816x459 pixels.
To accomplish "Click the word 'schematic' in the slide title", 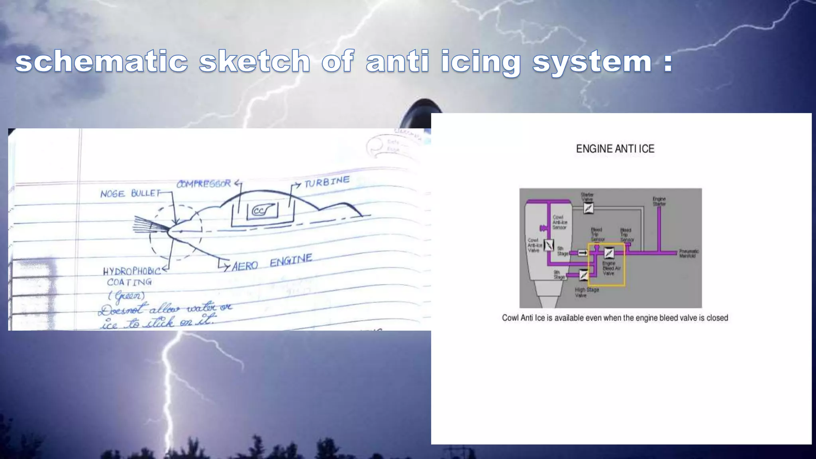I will point(102,62).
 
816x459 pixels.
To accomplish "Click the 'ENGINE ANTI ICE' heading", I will point(615,149).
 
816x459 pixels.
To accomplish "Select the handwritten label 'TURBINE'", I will point(327,182).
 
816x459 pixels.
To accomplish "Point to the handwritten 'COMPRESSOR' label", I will point(204,184).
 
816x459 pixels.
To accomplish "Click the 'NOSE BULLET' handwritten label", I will point(130,194).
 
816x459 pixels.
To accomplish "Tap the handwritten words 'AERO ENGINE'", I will point(272,263).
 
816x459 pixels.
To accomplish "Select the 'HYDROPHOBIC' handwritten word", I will point(131,271).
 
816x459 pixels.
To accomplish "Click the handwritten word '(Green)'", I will point(127,296).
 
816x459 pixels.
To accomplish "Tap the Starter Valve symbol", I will point(588,208).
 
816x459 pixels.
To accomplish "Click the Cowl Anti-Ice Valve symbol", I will point(549,245).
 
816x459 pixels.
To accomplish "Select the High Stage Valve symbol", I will point(584,275).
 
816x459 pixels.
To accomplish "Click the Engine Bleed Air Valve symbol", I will point(609,253).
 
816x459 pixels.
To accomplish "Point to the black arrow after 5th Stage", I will point(583,253).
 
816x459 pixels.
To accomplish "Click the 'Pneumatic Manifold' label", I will point(689,253).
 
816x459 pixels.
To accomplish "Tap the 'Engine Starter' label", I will point(659,201).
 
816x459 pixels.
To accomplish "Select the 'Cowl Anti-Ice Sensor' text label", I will point(559,222).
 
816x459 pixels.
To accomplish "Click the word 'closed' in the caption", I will point(717,318).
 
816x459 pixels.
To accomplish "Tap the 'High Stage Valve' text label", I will point(586,292).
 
